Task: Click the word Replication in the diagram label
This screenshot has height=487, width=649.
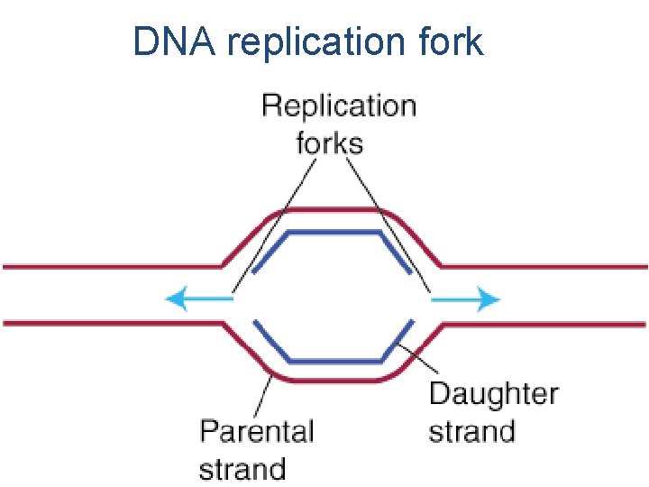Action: click(339, 107)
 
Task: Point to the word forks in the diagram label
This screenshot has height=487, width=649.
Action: click(330, 142)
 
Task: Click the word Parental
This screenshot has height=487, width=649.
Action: click(257, 430)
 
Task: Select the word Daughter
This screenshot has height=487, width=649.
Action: click(493, 394)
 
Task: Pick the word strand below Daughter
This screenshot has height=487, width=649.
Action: click(471, 430)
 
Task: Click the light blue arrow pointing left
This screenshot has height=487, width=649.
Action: click(198, 299)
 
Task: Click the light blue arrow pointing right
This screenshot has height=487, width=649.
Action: click(465, 299)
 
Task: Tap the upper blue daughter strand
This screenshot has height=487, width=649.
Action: click(334, 233)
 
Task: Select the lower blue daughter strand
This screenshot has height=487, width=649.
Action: click(334, 360)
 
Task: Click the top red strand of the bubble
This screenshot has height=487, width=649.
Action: click(334, 211)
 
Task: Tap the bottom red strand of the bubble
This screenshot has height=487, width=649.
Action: click(334, 380)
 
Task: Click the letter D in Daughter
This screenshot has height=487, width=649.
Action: click(439, 394)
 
